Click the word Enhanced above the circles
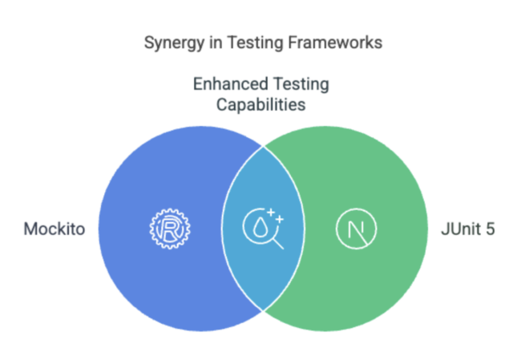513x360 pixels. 230,83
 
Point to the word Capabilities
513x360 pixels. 261,105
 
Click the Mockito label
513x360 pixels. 55,229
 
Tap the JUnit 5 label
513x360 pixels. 468,229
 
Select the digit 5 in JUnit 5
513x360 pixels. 490,229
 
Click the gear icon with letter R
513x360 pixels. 170,229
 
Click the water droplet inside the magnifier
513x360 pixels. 260,227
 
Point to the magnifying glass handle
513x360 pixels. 278,244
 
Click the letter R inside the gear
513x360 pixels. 171,229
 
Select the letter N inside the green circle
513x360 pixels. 357,229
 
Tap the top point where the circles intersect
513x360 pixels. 263,146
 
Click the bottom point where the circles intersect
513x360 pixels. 263,310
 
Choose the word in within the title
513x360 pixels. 216,42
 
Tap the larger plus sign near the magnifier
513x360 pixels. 271,213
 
